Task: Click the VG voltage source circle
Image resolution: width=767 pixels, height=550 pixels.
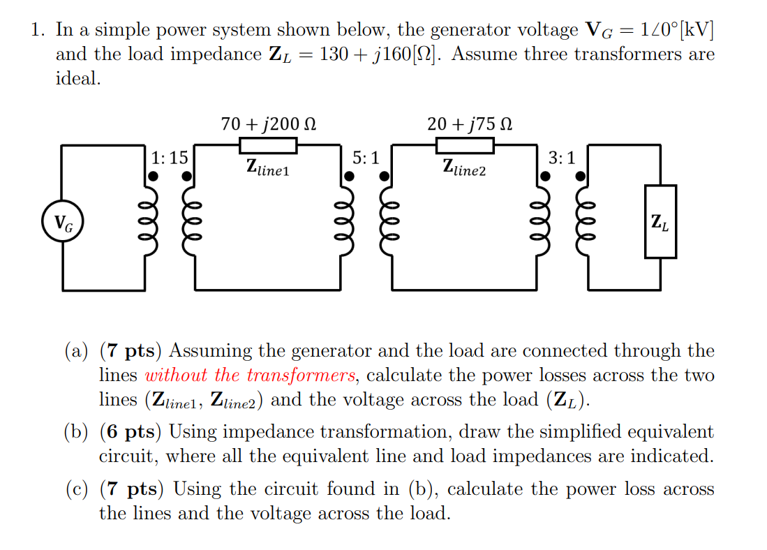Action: coord(63,223)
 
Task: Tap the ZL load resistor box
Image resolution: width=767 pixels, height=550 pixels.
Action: coord(660,222)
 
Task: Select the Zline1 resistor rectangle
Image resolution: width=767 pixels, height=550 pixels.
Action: coord(269,145)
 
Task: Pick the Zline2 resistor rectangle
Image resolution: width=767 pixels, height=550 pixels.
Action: coord(466,145)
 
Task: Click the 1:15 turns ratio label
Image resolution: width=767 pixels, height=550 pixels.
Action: coord(170,158)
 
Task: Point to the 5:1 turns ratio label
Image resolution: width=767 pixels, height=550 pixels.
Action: coord(366,158)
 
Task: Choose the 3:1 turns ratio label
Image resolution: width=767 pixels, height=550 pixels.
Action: coord(563,158)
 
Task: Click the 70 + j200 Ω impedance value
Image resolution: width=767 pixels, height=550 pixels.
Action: coord(268,124)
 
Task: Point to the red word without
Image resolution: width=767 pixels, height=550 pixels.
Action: coord(177,376)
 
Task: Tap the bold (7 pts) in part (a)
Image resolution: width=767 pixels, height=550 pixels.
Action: coord(131,350)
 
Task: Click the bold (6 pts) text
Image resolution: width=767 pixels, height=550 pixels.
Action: coord(131,431)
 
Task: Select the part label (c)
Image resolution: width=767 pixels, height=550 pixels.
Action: coord(76,489)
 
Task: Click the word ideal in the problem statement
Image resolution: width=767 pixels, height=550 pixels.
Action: coord(77,78)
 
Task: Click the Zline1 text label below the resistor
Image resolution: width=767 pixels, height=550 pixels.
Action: coord(268,168)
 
